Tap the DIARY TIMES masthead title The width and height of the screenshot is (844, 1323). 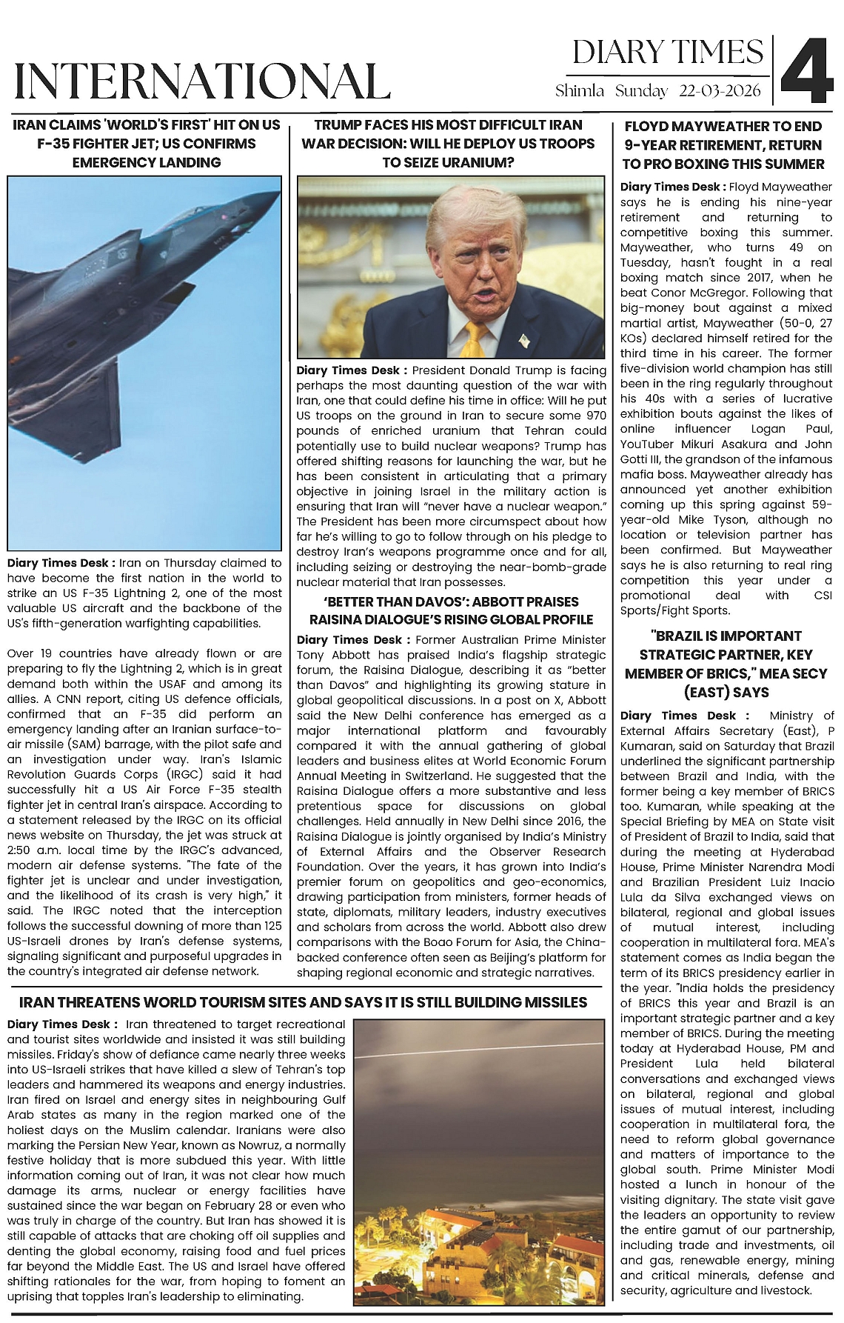coord(668,53)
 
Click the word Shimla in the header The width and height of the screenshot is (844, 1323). coord(580,91)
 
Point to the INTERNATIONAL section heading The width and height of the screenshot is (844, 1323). coord(202,81)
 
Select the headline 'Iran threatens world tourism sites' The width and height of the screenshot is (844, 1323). coord(303,1002)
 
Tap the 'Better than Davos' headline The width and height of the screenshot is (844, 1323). coord(451,610)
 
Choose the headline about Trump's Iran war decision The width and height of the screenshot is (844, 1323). coord(448,144)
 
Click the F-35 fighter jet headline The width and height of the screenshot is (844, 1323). coord(146,144)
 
